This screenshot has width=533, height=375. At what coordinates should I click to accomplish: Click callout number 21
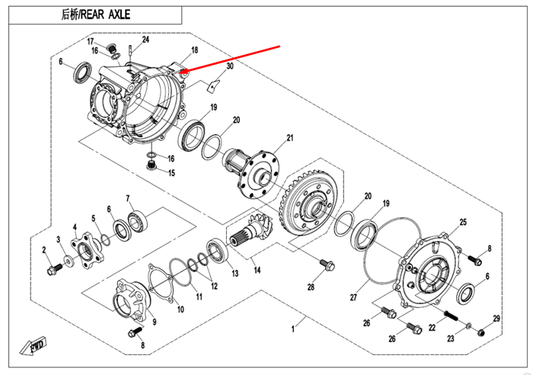coord(289,138)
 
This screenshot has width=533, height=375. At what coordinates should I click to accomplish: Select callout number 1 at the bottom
coord(292,329)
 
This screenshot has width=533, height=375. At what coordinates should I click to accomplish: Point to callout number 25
coord(462,222)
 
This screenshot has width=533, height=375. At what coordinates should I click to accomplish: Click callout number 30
coord(230,66)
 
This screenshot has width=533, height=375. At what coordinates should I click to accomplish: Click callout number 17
coord(90,41)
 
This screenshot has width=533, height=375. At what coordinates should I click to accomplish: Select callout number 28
coord(311,287)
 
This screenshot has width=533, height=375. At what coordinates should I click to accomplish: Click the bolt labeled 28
coord(328,266)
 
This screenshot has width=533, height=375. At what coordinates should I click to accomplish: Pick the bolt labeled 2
coord(54,269)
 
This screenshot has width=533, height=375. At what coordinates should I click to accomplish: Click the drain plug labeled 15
coord(151,168)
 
